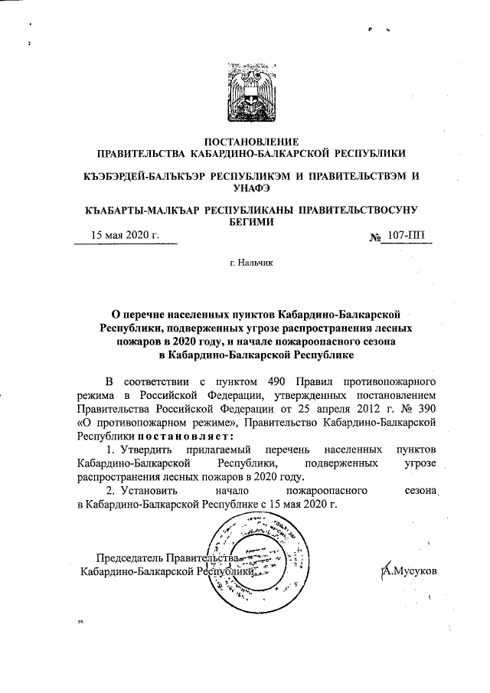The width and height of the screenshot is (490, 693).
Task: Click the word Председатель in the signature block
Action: [x=127, y=557]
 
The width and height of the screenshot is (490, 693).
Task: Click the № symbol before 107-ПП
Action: [x=375, y=237]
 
